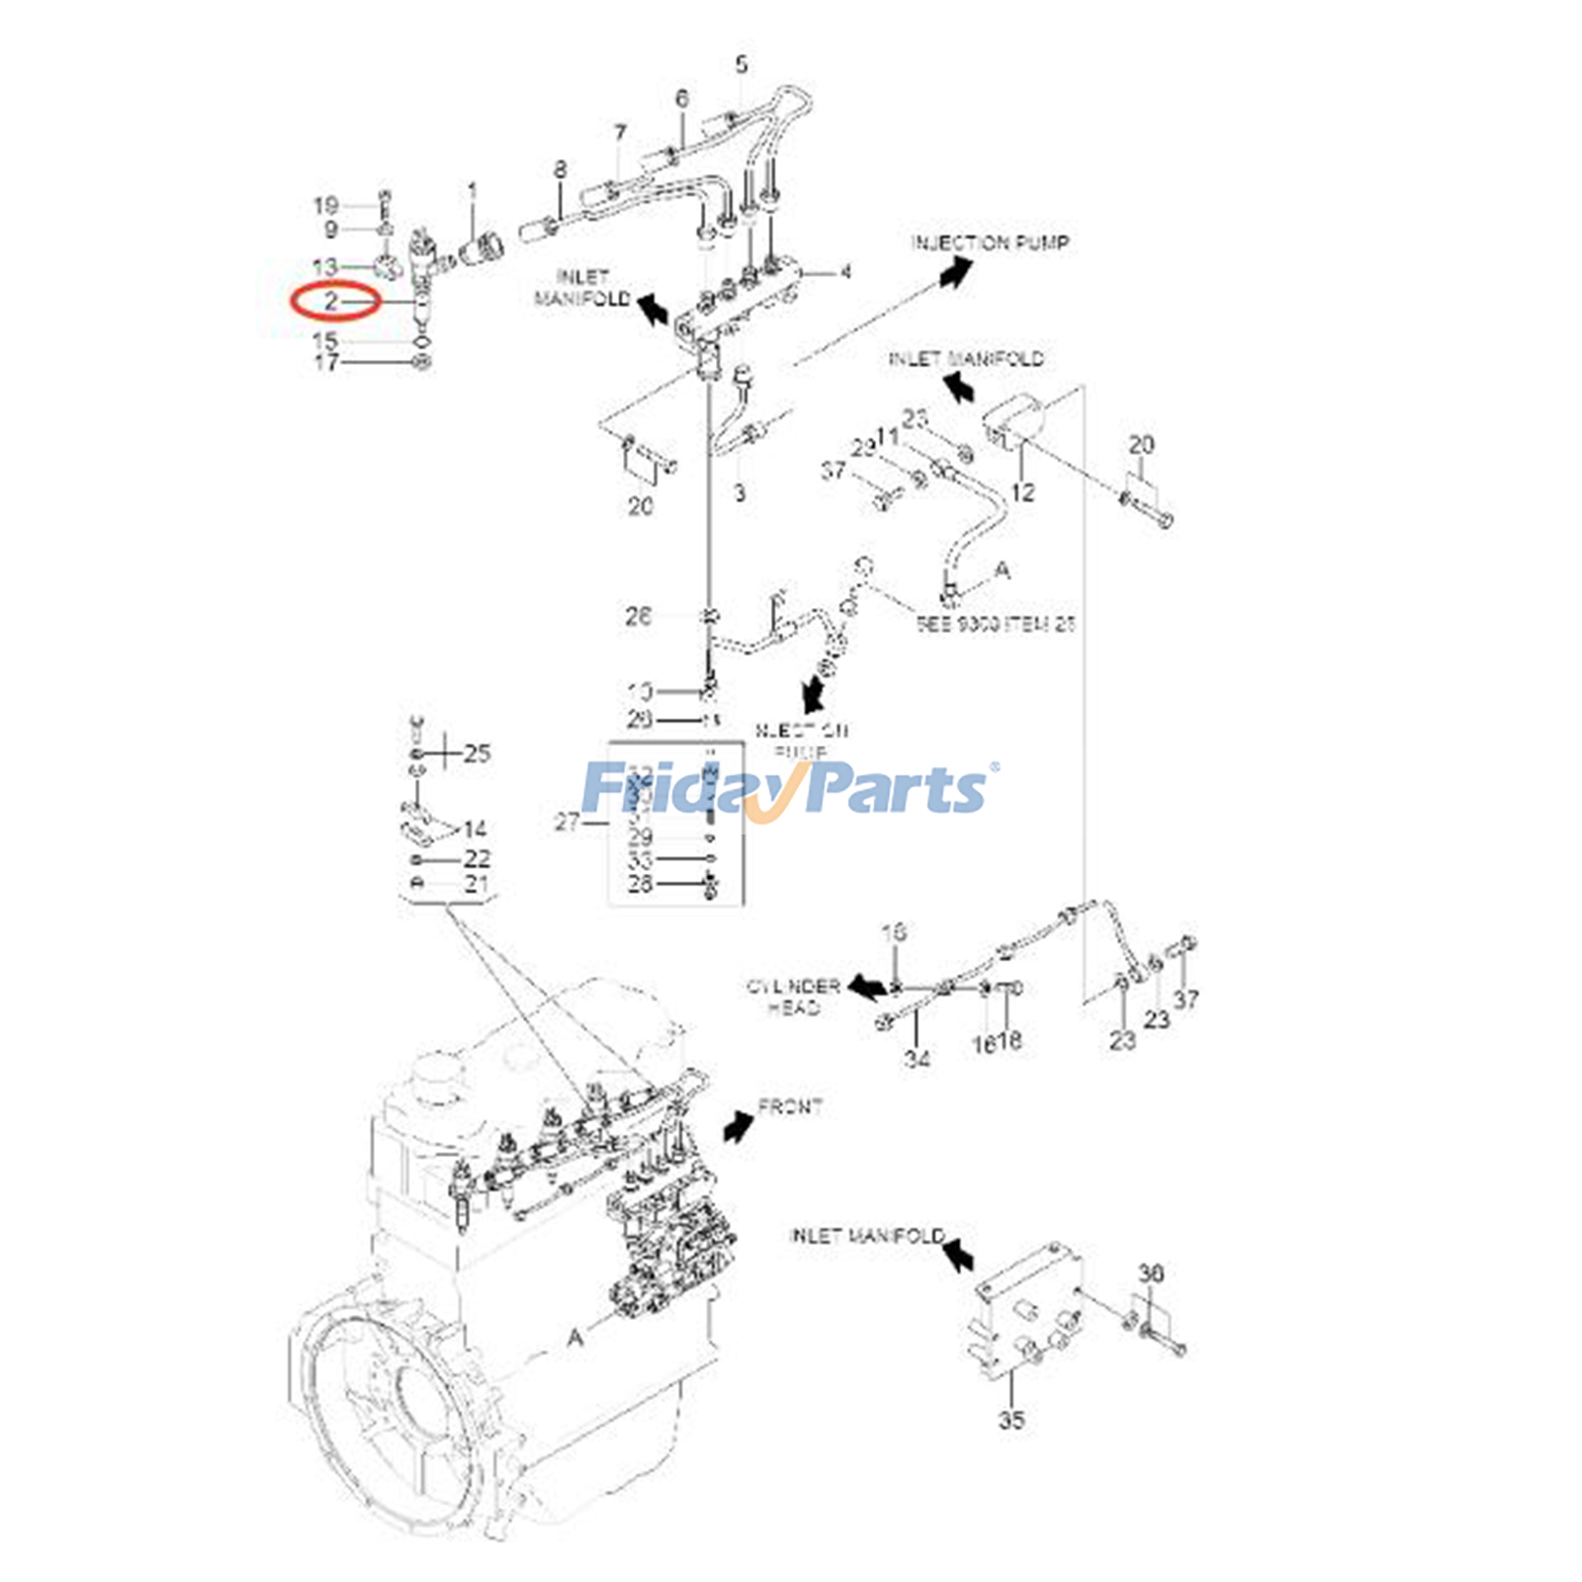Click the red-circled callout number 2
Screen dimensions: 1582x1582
332,300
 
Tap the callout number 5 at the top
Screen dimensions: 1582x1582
742,65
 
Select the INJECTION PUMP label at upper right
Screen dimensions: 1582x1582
990,242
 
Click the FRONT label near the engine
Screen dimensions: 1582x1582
790,1106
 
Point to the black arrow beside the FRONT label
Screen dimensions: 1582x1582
739,1125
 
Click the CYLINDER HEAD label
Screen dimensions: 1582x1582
793,997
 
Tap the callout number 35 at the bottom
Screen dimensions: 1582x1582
1011,1420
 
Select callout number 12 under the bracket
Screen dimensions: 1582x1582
1022,490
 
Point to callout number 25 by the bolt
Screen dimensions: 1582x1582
477,753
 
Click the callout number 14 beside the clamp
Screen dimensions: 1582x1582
475,829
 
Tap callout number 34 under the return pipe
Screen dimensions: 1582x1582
917,1059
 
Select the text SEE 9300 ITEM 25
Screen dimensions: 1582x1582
995,624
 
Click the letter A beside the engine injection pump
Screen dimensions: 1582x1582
575,1337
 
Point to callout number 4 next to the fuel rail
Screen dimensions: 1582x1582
844,271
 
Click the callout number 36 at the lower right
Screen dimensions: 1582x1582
1151,1273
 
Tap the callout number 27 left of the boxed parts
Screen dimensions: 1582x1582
567,822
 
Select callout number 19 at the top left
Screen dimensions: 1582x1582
326,206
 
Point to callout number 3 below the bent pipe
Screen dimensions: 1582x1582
740,491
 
